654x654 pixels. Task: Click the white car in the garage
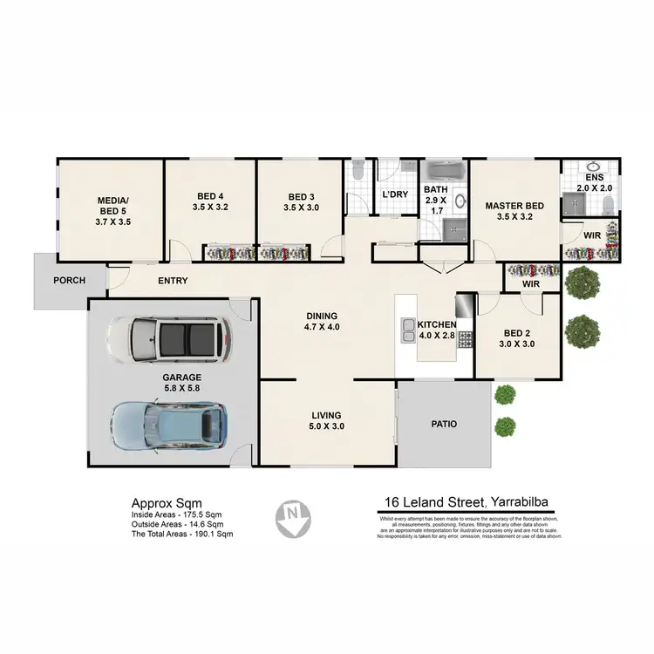[168, 341]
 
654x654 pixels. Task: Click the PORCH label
[69, 281]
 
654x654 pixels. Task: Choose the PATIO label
[444, 425]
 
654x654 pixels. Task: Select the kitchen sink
[408, 329]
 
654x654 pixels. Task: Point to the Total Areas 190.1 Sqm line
[182, 534]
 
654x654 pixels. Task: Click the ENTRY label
[174, 281]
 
